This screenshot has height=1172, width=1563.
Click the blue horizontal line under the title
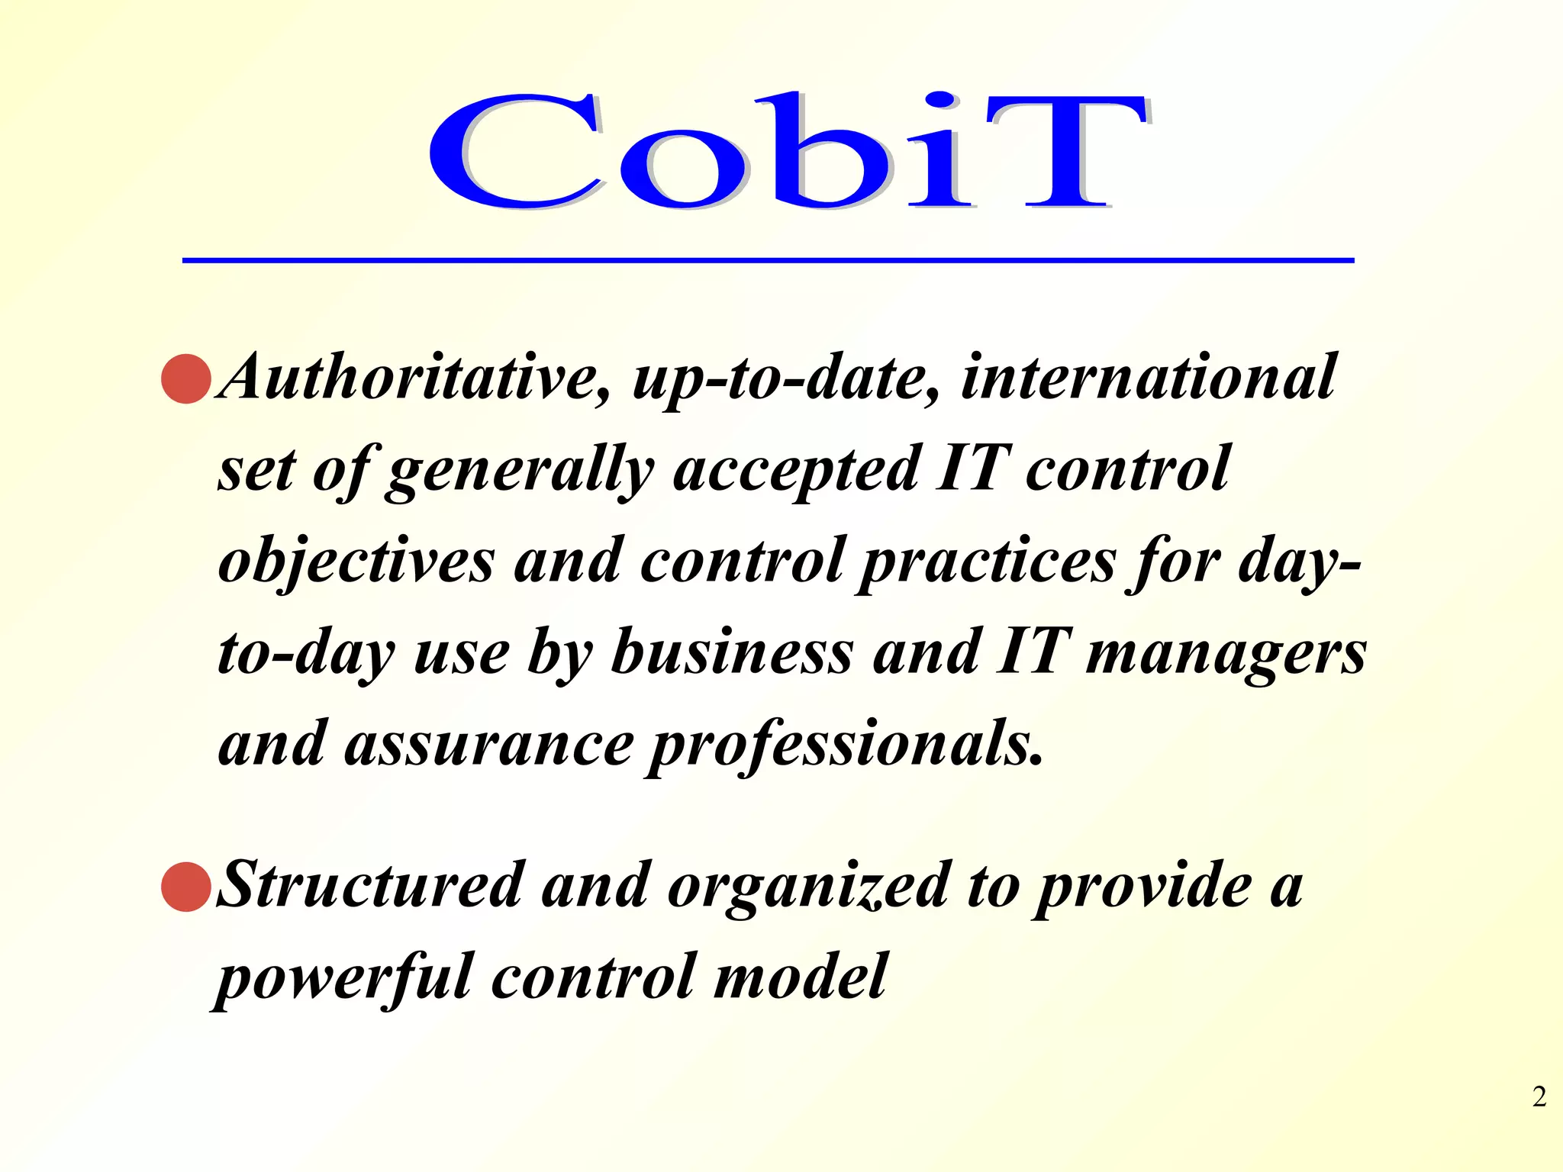[768, 261]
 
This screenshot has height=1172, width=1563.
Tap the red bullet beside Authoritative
[186, 378]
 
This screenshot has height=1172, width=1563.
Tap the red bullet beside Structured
[186, 887]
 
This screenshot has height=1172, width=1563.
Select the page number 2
[1539, 1097]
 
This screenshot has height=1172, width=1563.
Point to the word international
[1148, 377]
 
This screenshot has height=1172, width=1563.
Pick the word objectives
[356, 562]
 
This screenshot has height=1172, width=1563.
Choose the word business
[732, 653]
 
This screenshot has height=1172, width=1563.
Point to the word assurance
[489, 745]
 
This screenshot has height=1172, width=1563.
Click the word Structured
[371, 885]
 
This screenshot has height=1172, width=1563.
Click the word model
[800, 977]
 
